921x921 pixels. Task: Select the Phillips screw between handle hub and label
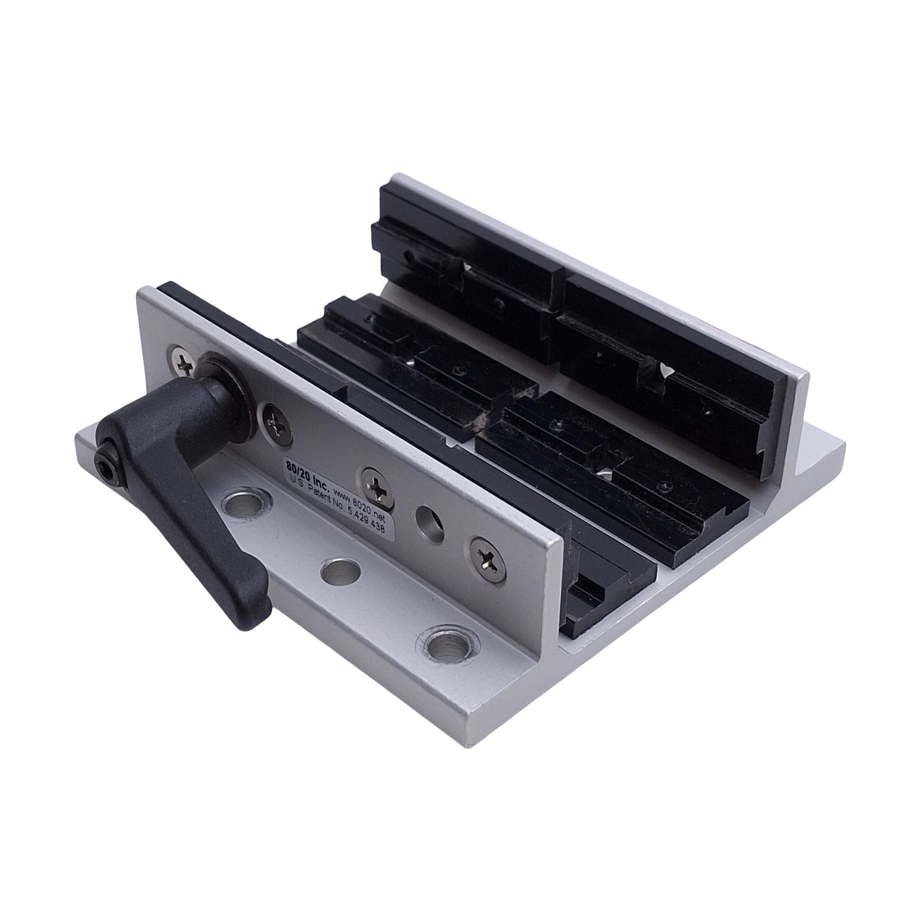(275, 421)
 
